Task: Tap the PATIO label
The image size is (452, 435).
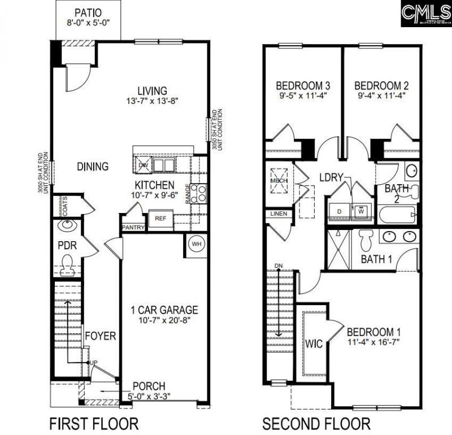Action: point(89,12)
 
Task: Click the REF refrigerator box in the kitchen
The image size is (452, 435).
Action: point(160,217)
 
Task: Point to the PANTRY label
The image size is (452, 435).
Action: point(133,228)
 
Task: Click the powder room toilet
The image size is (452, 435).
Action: point(68,263)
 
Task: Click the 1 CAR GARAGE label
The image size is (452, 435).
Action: point(164,310)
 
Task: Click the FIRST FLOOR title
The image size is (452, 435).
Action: point(94,423)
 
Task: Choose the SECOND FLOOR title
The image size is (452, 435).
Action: point(316,423)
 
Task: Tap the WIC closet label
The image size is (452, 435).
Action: point(314,344)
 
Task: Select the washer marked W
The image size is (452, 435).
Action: point(361,210)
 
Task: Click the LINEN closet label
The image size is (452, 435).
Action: point(279,214)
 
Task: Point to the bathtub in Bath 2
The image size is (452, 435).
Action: point(397,215)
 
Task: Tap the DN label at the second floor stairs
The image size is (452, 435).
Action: point(278,265)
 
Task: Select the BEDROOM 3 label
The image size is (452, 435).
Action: point(303,86)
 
